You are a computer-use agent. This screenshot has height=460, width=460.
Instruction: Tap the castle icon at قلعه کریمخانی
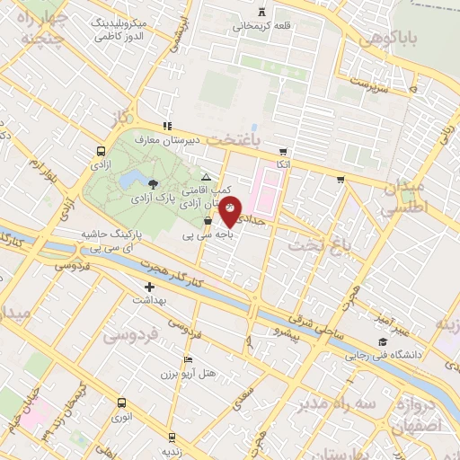[x=261, y=12]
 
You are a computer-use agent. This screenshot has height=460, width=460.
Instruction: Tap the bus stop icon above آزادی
[x=100, y=152]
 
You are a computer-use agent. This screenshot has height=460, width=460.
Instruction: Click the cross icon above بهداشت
[x=149, y=287]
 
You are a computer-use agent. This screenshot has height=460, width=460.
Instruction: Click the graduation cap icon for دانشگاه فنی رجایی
[x=384, y=342]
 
